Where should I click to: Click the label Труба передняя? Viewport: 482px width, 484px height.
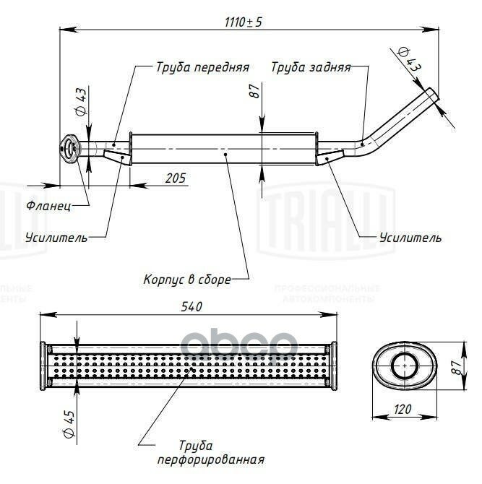[202, 67]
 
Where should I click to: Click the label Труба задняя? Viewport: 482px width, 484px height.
[311, 67]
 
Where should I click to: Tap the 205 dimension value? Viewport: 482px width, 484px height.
[175, 177]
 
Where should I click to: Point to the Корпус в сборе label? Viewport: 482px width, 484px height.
[186, 278]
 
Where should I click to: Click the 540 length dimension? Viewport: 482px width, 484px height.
[191, 306]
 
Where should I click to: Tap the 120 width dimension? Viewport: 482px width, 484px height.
[403, 409]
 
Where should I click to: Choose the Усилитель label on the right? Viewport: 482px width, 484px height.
[409, 237]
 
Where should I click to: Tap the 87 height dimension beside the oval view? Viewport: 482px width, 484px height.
[455, 366]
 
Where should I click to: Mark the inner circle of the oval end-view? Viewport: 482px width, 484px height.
[404, 366]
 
